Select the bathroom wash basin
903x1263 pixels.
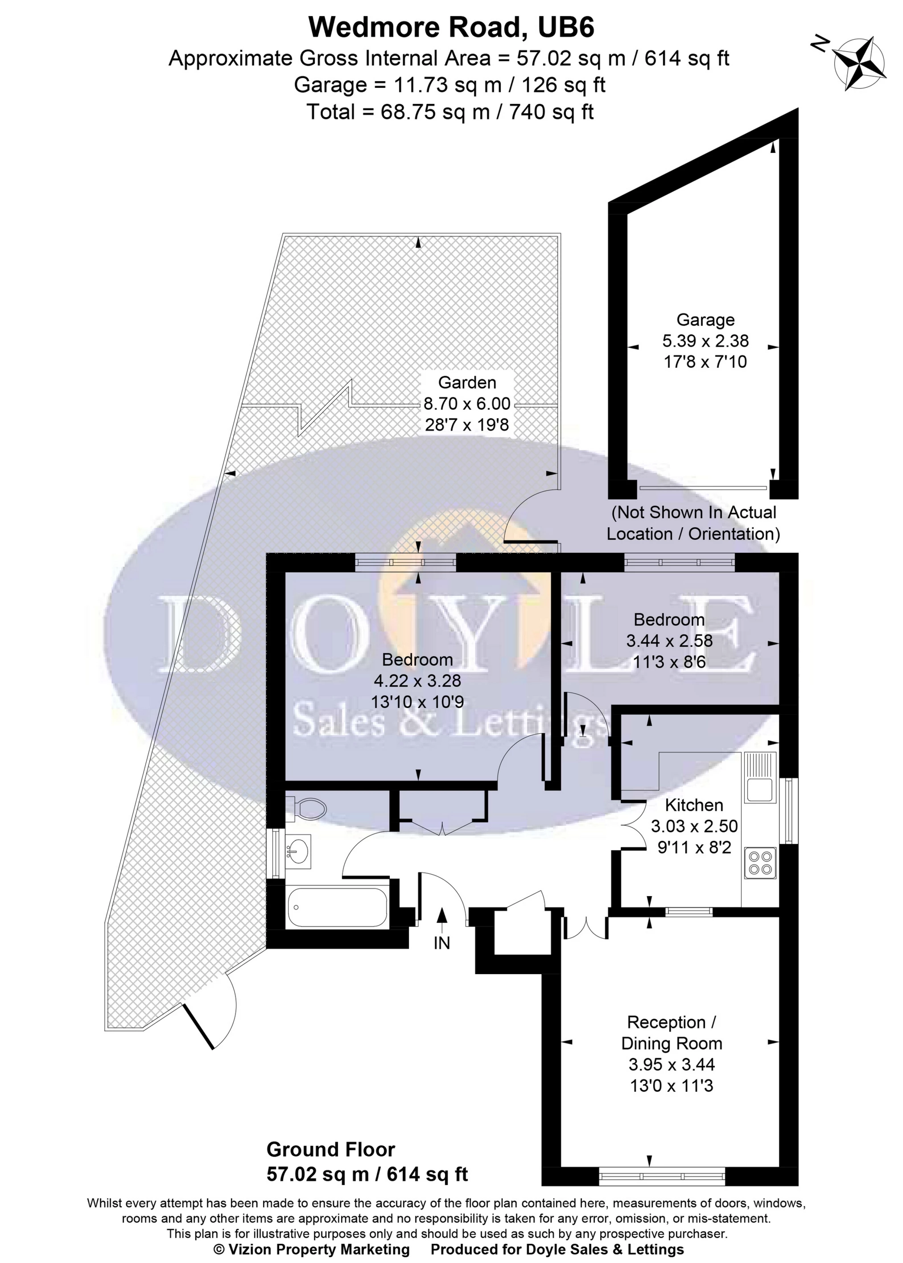point(299,851)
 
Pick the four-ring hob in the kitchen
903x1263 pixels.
point(760,862)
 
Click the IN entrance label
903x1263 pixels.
point(441,943)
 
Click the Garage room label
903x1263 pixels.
point(705,320)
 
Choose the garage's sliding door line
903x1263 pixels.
point(703,488)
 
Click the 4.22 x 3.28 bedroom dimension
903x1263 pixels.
point(417,680)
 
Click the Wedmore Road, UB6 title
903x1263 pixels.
point(451,27)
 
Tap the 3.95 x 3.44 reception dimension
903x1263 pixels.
point(672,1064)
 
